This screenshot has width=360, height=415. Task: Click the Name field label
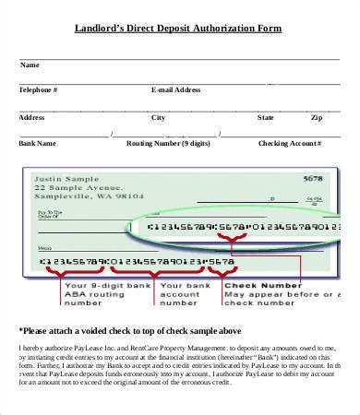30,65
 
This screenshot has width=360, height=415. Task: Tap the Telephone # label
39,90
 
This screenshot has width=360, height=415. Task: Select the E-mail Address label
175,90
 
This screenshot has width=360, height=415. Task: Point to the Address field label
32,118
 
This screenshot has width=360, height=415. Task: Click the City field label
159,118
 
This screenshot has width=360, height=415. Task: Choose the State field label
266,118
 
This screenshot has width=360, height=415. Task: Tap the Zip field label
317,118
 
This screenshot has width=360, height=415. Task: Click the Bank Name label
38,144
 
